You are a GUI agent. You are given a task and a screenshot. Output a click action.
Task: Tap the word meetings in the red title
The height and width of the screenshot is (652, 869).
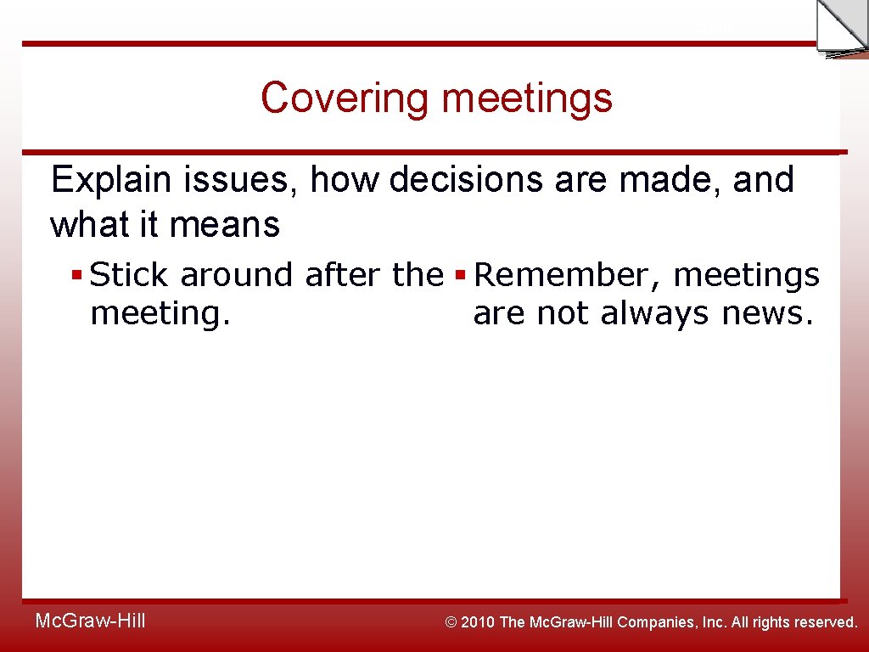(x=526, y=98)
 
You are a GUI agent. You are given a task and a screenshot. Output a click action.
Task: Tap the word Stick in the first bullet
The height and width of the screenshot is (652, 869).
(x=128, y=275)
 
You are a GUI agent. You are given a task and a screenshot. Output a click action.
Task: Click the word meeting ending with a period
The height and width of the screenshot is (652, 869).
(x=160, y=314)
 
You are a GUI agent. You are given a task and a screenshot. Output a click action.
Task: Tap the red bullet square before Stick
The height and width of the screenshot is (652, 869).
(x=76, y=276)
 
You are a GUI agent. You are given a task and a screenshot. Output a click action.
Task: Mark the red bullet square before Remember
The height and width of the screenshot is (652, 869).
(x=461, y=276)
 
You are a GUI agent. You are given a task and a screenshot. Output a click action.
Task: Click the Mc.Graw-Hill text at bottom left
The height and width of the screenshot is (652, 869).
(x=90, y=621)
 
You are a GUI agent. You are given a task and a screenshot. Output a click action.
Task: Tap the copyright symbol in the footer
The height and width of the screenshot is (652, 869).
(x=451, y=622)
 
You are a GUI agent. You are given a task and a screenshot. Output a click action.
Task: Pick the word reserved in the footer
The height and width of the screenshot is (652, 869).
(x=826, y=622)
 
